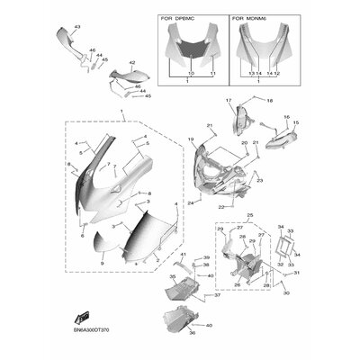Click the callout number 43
[76, 29]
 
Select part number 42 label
[131, 63]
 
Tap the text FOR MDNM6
[248, 17]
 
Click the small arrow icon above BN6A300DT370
[82, 316]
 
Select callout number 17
[229, 100]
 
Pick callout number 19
[191, 139]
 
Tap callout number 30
[285, 292]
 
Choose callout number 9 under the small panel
[102, 262]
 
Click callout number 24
[190, 203]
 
